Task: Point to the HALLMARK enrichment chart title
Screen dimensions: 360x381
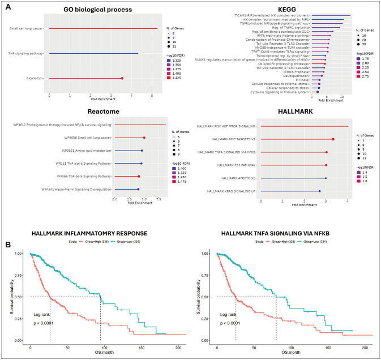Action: (x=303, y=112)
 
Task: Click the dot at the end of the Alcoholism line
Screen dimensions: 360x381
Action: (x=122, y=79)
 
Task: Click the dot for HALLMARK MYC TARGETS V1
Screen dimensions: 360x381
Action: (x=333, y=139)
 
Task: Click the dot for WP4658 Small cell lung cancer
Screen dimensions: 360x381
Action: (x=144, y=138)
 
